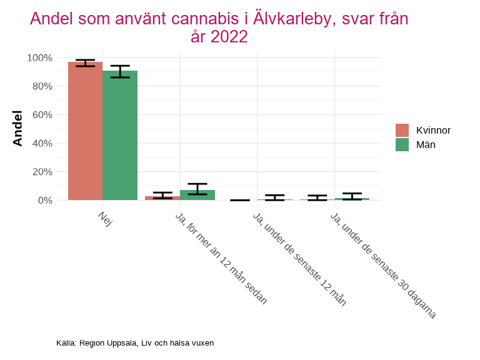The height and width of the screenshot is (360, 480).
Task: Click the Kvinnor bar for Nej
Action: tap(85, 131)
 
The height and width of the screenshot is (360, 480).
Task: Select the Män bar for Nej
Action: tap(120, 136)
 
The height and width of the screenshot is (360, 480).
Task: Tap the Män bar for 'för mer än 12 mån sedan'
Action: tap(197, 195)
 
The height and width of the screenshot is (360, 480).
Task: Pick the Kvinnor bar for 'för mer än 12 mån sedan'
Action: tap(162, 198)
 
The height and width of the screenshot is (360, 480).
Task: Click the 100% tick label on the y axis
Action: tap(39, 58)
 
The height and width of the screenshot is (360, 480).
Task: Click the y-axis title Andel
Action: tap(18, 128)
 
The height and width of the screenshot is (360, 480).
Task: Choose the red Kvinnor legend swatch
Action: tap(402, 130)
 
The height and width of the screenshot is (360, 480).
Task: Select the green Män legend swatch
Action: tap(402, 144)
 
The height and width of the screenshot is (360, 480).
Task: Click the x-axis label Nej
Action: tap(104, 219)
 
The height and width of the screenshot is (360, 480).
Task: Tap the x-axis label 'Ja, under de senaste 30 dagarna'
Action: tap(382, 266)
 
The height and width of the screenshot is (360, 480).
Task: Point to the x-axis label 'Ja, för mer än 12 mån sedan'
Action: tap(221, 258)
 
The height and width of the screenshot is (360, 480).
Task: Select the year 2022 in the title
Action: tap(229, 37)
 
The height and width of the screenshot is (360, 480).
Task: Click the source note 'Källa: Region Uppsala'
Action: tap(135, 342)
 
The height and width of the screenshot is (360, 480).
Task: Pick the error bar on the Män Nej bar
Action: tap(120, 71)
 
